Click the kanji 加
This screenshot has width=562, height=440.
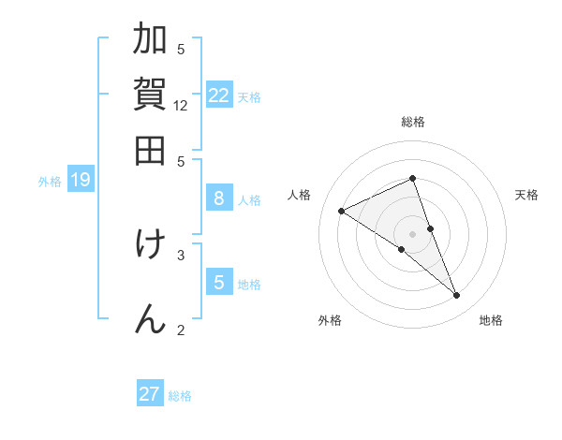[x=151, y=41]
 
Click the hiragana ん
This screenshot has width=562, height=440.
[x=151, y=316]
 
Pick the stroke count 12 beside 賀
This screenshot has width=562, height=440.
[x=181, y=106]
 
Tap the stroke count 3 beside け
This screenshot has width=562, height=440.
[x=181, y=254]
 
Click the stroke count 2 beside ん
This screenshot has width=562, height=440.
[x=181, y=329]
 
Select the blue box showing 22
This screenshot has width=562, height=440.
[x=219, y=95]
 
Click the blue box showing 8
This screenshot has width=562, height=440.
[x=219, y=198]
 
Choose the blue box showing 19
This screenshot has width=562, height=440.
[x=81, y=180]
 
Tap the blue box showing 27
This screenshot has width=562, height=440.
[x=150, y=394]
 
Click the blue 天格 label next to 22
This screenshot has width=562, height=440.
[x=249, y=96]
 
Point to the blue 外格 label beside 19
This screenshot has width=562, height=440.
[x=49, y=182]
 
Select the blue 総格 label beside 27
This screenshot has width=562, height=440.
[x=180, y=396]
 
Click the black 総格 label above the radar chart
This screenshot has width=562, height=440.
[x=413, y=122]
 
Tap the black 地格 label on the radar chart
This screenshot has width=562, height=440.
[x=491, y=320]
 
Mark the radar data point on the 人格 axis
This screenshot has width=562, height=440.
[x=342, y=211]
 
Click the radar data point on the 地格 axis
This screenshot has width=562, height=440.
[x=457, y=296]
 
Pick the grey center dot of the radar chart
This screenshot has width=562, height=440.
[x=413, y=233]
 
